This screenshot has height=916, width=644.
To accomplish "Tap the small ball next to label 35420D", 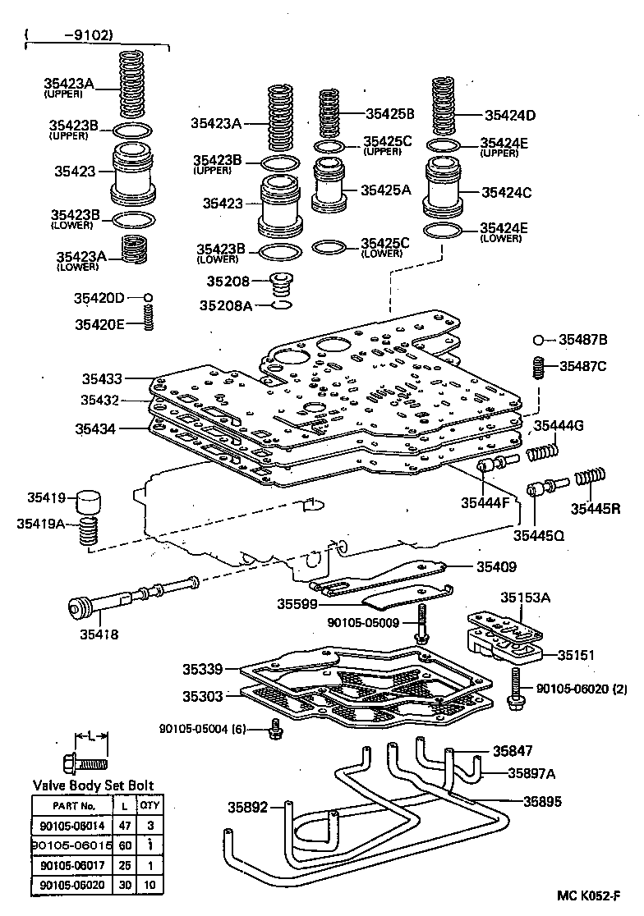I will point(149,297).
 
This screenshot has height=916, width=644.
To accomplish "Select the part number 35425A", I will point(385,190).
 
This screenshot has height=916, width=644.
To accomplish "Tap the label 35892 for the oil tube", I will point(248,807).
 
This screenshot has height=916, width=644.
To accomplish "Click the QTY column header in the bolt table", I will point(148,806).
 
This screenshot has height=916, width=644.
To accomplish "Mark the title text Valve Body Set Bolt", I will point(93,785).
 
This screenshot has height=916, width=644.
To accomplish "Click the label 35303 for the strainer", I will point(202,696).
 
